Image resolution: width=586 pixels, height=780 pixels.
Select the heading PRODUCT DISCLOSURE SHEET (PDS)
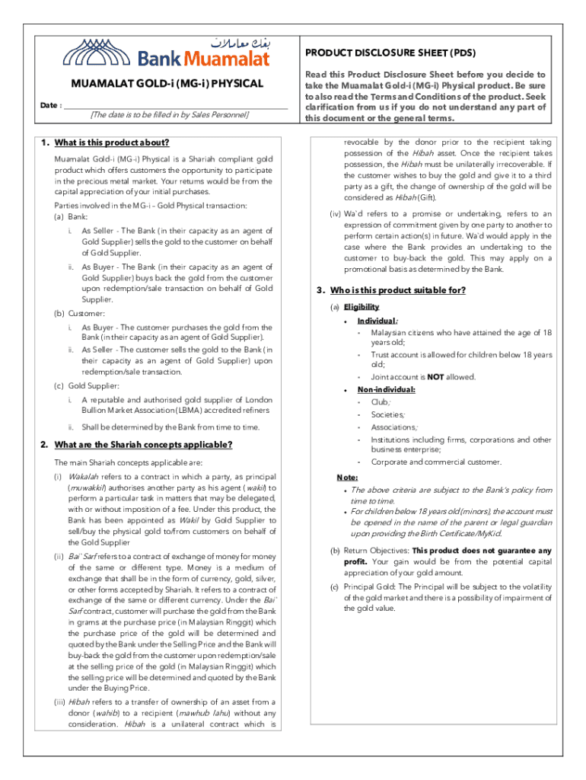tap(390, 53)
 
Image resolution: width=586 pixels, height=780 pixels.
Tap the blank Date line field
tap(175, 105)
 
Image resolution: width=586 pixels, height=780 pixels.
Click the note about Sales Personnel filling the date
tap(169, 115)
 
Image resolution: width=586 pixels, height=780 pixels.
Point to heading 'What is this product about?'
tap(111, 143)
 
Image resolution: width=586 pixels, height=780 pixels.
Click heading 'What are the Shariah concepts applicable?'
tap(143, 445)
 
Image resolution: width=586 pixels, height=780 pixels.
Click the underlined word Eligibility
tap(361, 307)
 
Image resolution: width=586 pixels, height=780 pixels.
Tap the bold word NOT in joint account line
tap(435, 377)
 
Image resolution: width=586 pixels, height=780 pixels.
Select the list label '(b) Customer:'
tap(78, 313)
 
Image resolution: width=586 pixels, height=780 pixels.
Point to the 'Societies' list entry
tap(388, 415)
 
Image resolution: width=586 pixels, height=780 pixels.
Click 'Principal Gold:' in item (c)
tap(371, 587)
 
